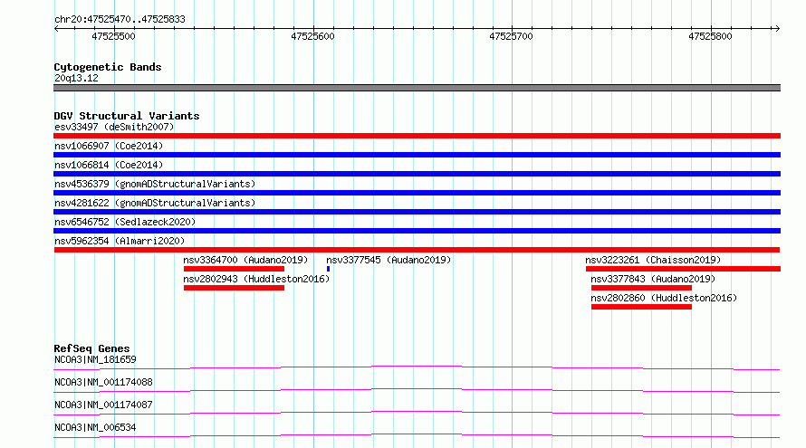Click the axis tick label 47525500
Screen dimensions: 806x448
(x=113, y=36)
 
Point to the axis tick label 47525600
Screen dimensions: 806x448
(x=312, y=36)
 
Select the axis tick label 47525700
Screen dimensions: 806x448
(x=511, y=36)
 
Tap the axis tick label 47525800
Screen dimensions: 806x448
(x=710, y=36)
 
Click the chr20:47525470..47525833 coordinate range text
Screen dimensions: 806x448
(x=120, y=20)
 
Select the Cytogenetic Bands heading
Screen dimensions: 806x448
(x=108, y=67)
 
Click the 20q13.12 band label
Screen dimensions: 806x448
(x=76, y=78)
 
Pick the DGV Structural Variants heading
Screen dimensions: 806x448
(x=127, y=116)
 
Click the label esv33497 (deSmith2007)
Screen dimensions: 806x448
(x=114, y=127)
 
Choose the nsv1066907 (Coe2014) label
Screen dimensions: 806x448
(x=109, y=146)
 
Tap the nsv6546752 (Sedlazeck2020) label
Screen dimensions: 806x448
(x=125, y=222)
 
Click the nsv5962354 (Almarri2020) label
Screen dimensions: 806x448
(x=120, y=241)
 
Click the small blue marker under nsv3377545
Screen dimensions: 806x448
(x=328, y=269)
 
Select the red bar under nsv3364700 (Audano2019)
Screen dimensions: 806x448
(x=234, y=269)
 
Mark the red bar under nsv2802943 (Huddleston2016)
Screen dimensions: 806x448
(x=234, y=288)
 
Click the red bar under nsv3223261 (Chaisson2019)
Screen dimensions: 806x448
(x=683, y=269)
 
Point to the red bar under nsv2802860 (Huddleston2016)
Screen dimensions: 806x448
(x=641, y=307)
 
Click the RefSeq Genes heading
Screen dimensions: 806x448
(x=91, y=348)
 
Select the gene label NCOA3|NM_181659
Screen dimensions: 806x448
(x=95, y=359)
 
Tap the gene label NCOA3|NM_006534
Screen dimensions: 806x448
(x=95, y=427)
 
